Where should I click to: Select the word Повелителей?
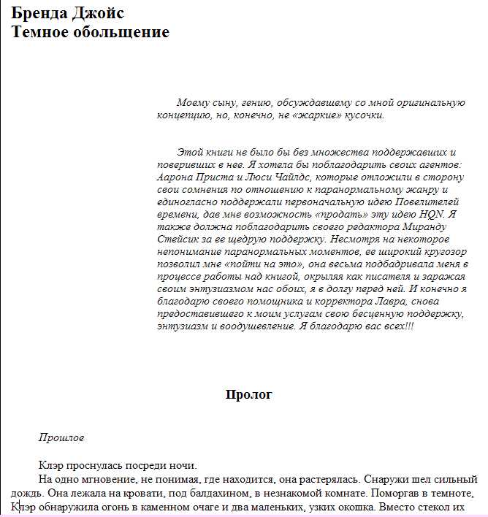(427, 202)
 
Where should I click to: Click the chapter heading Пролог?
(248, 395)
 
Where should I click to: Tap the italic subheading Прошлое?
(61, 438)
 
